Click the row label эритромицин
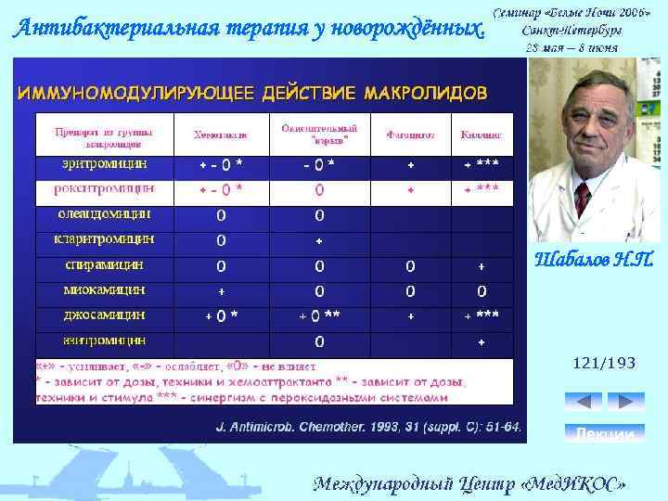point(91,164)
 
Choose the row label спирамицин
point(91,264)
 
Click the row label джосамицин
point(90,315)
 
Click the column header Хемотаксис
point(221,135)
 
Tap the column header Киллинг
point(482,135)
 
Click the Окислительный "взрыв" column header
point(319,135)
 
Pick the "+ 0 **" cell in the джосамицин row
point(319,315)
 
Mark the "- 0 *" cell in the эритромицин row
point(319,165)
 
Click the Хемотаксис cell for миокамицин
point(221,290)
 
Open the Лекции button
point(604,433)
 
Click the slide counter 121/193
point(604,364)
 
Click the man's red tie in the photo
point(582,198)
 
